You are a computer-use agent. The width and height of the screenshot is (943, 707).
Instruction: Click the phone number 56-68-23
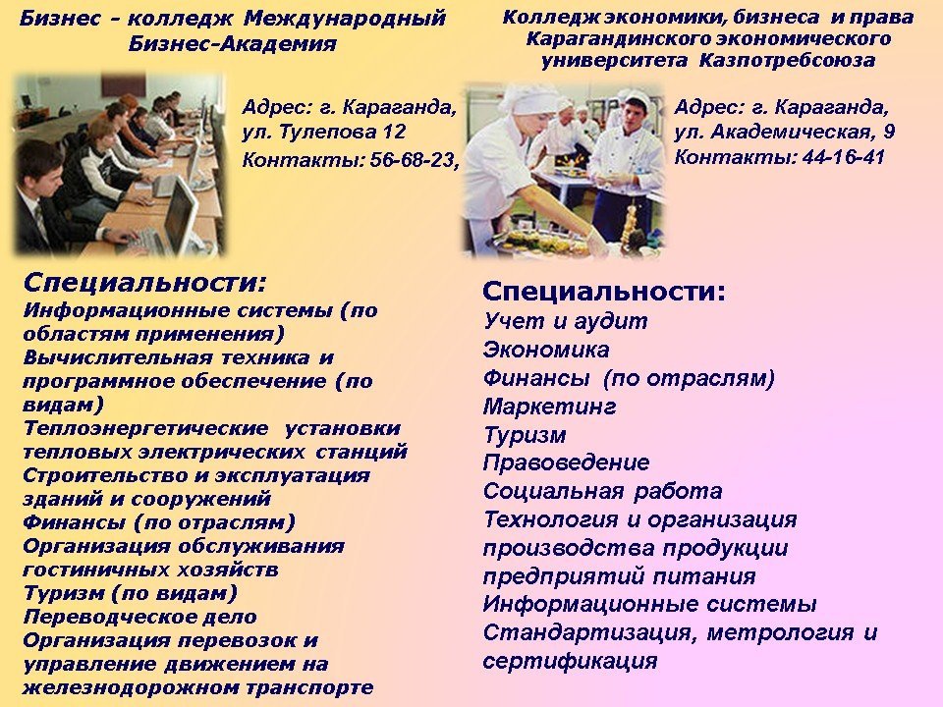(x=412, y=160)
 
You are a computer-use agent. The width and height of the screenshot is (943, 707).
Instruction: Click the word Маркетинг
(x=550, y=407)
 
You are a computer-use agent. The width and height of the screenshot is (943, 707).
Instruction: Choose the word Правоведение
(x=566, y=462)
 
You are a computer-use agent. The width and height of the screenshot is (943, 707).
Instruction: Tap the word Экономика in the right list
(x=546, y=350)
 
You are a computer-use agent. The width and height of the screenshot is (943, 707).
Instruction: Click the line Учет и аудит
(x=566, y=321)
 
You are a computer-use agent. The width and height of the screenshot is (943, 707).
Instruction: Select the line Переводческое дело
(x=139, y=617)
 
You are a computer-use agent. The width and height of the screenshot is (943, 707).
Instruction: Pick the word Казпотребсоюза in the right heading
(x=787, y=61)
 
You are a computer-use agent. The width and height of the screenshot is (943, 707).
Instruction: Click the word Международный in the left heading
(x=345, y=19)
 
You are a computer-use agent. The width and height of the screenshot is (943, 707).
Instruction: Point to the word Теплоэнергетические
(x=145, y=428)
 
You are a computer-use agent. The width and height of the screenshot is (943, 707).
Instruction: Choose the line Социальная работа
(x=602, y=491)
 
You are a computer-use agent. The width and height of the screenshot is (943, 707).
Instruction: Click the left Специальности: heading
(x=144, y=282)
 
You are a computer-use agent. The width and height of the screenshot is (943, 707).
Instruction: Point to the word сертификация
(x=570, y=661)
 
